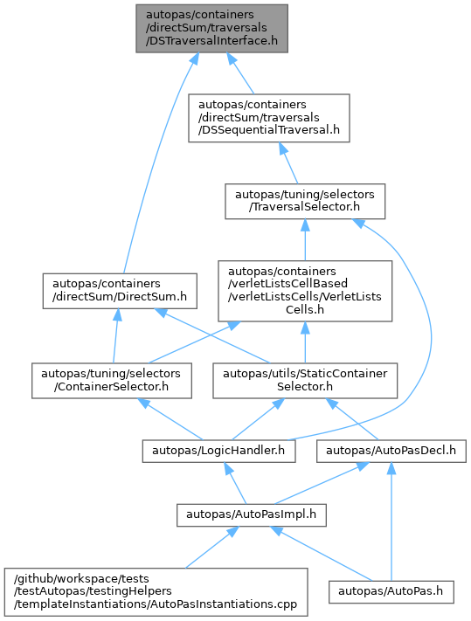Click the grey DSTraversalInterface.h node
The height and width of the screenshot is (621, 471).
click(212, 29)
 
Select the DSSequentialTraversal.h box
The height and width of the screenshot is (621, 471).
click(269, 118)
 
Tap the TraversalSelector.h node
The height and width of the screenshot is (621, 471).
click(305, 201)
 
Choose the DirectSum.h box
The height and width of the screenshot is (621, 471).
click(120, 291)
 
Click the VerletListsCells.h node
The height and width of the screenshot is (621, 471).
click(305, 291)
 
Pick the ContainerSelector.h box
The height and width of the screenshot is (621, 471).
click(112, 381)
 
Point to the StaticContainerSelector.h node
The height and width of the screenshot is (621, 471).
click(305, 381)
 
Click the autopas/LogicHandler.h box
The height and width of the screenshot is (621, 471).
click(218, 451)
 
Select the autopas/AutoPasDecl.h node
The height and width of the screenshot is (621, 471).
click(391, 451)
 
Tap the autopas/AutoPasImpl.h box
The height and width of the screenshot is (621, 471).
click(252, 514)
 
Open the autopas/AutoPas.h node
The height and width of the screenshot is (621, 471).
click(391, 591)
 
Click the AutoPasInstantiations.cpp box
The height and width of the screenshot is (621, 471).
click(156, 591)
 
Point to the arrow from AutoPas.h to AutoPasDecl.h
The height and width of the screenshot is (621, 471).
click(391, 521)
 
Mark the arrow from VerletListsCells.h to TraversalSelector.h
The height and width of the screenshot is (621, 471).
click(305, 239)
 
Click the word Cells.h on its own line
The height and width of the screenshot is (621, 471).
click(305, 310)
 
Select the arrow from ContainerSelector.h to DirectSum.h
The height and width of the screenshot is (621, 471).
click(115, 336)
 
